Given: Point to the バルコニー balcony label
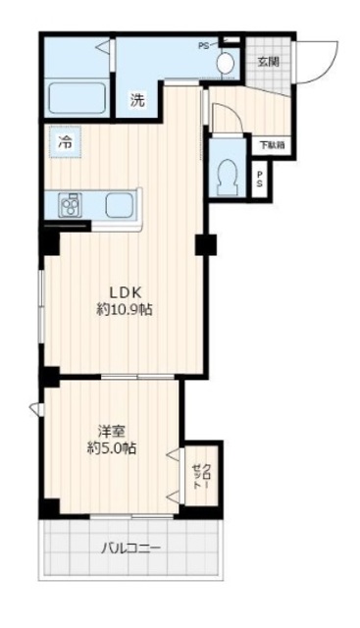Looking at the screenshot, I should (131, 548).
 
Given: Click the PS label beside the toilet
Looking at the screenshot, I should (260, 179).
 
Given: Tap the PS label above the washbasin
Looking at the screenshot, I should (203, 44).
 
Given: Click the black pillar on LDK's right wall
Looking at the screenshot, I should (205, 244).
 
